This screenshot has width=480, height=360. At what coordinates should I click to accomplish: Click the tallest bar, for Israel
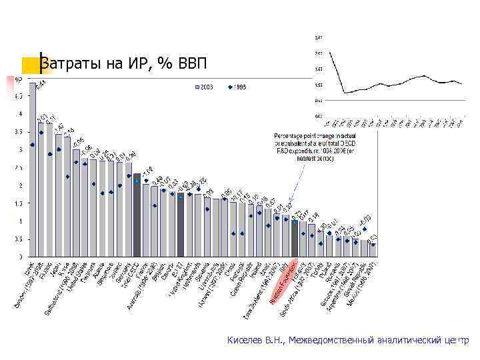pyautogui.click(x=32, y=170)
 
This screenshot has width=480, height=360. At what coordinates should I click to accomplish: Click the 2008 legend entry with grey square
pyautogui.click(x=204, y=87)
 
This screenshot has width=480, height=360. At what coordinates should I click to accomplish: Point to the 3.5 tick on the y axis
pyautogui.click(x=18, y=131)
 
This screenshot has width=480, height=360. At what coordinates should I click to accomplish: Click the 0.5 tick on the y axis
pyautogui.click(x=18, y=239)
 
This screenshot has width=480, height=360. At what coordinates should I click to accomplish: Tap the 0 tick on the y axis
pyautogui.click(x=20, y=257)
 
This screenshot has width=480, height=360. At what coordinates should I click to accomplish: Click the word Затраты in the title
pyautogui.click(x=64, y=64)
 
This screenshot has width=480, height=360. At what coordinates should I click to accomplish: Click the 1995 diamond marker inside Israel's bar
pyautogui.click(x=32, y=145)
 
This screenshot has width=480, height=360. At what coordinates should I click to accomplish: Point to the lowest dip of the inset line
pyautogui.click(x=345, y=93)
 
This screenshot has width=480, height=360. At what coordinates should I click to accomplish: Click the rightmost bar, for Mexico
pyautogui.click(x=373, y=249)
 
